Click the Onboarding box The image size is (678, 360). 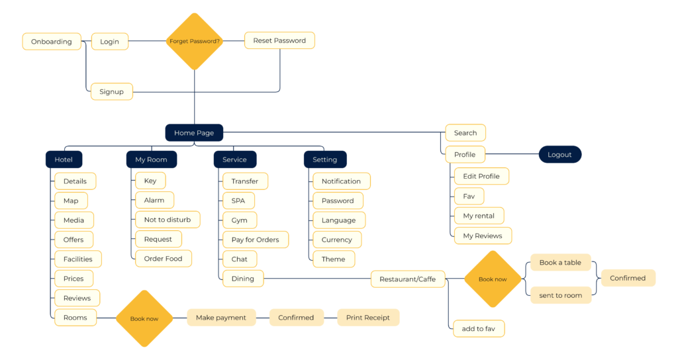(52, 42)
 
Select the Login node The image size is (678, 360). (109, 42)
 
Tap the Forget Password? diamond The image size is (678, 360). (194, 41)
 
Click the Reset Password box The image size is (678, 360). (279, 40)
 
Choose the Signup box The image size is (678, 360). (111, 91)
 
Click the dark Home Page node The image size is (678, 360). (194, 132)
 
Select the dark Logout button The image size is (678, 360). (559, 154)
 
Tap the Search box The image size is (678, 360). (465, 132)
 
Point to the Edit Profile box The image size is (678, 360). (481, 176)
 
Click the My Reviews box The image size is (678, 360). (482, 236)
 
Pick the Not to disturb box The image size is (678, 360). (167, 220)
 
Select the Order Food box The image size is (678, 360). (163, 259)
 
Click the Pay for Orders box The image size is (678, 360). (255, 240)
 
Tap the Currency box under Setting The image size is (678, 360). (336, 240)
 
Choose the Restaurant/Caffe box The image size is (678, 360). (407, 279)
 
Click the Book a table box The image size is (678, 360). (560, 263)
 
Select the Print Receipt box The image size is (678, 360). (368, 318)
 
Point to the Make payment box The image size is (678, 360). (221, 318)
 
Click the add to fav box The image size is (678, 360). (478, 328)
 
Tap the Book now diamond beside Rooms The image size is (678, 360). (144, 318)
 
